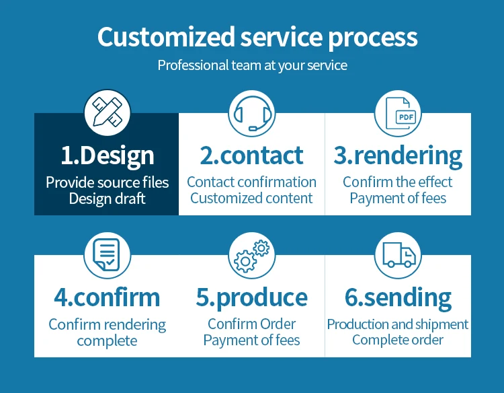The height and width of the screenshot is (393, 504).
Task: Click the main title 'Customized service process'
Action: click(x=257, y=38)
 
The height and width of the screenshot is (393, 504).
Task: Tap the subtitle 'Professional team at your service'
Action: click(x=252, y=66)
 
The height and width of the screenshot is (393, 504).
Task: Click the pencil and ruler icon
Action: click(x=107, y=112)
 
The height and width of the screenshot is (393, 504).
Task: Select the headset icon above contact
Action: click(x=252, y=112)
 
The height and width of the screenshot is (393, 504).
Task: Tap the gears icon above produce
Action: click(x=252, y=254)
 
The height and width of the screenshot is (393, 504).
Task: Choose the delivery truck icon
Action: click(x=398, y=254)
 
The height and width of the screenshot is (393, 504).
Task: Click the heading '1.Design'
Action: click(x=107, y=155)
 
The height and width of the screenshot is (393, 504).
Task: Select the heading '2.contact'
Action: click(x=252, y=155)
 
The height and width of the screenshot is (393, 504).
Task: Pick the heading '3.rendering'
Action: click(x=398, y=155)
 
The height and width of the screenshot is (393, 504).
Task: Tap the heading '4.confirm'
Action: click(x=107, y=297)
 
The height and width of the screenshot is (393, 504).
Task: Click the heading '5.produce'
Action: click(x=252, y=297)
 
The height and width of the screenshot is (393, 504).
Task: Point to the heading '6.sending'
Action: click(x=398, y=297)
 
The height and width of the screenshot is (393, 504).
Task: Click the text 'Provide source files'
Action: click(x=107, y=182)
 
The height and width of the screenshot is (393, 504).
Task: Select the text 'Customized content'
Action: click(x=252, y=199)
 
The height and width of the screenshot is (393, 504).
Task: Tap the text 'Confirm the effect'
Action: click(x=398, y=182)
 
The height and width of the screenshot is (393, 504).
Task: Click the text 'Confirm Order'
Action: click(x=252, y=324)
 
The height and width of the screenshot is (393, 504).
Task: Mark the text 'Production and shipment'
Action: click(x=398, y=324)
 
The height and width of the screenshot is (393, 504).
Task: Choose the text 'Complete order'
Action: click(x=398, y=340)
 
